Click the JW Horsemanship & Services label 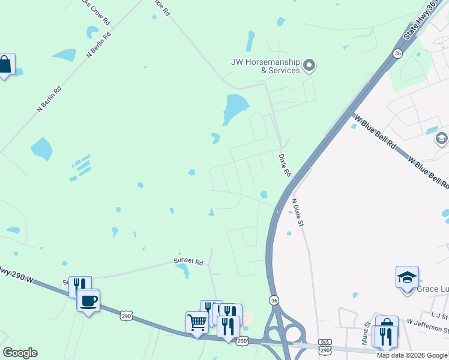pyautogui.click(x=265, y=66)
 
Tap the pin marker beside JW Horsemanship pyautogui.click(x=309, y=65)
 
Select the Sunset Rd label pyautogui.click(x=189, y=262)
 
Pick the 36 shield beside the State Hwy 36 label pyautogui.click(x=397, y=54)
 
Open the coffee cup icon pyautogui.click(x=88, y=300)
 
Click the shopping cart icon pyautogui.click(x=196, y=322)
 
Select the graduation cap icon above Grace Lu pyautogui.click(x=407, y=277)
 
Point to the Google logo pyautogui.click(x=20, y=353)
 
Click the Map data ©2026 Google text pyautogui.click(x=412, y=355)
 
